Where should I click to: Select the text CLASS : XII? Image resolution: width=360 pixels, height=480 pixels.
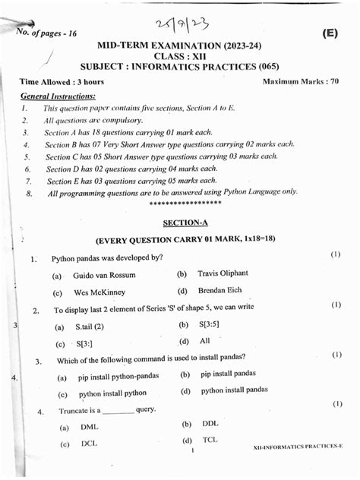pyautogui.click(x=180, y=56)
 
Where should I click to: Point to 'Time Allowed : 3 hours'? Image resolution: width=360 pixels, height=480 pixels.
pyautogui.click(x=62, y=81)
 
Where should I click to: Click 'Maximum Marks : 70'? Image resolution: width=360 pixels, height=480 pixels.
pyautogui.click(x=300, y=81)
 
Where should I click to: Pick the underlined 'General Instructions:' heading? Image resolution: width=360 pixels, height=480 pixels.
pyautogui.click(x=58, y=96)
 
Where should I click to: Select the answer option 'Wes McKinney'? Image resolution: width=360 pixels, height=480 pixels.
pyautogui.click(x=100, y=292)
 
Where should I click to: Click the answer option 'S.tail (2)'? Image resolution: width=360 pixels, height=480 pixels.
pyautogui.click(x=89, y=327)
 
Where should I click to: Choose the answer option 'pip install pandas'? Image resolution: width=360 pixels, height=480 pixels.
pyautogui.click(x=229, y=374)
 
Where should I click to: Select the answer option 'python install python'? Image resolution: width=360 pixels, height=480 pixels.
pyautogui.click(x=112, y=393)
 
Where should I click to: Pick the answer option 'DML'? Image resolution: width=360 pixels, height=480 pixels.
pyautogui.click(x=90, y=427)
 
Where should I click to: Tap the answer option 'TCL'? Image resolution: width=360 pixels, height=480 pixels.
pyautogui.click(x=210, y=441)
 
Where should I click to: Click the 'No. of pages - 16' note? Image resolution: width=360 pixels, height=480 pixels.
pyautogui.click(x=47, y=31)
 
